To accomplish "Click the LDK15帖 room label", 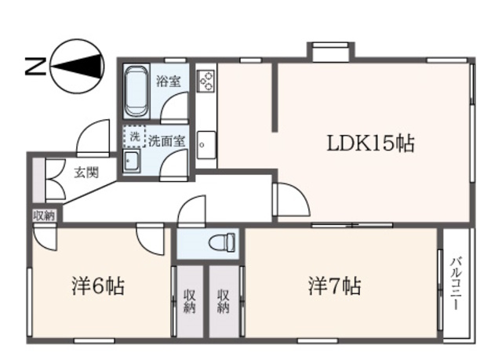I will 370,144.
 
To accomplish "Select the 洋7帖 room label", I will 334,286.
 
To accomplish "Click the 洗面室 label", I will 167,141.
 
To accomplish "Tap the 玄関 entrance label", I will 86,173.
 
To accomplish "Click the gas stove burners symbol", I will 207,80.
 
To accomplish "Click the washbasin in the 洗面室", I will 131,162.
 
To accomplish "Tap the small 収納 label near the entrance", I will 44,216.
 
